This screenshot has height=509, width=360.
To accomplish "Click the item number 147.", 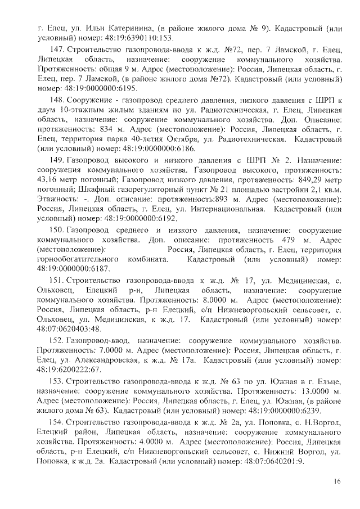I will point(57,49).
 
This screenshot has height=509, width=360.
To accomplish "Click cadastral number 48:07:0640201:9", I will point(269,461).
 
